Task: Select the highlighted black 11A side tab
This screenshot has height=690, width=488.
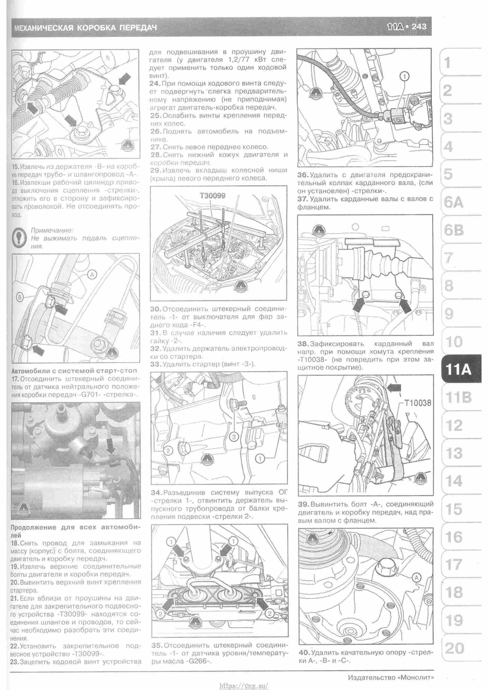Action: (x=458, y=369)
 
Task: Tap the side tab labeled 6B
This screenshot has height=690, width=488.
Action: (x=454, y=230)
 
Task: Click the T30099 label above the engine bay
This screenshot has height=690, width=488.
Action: (x=213, y=196)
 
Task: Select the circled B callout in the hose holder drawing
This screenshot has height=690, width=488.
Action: (x=20, y=298)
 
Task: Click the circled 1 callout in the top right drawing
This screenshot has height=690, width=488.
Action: (x=405, y=76)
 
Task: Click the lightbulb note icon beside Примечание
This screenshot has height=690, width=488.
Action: (x=20, y=238)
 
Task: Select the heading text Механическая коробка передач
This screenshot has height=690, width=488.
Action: (x=85, y=28)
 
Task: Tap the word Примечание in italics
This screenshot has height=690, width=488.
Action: (x=52, y=230)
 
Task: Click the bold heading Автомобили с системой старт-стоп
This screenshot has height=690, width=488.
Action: (x=74, y=371)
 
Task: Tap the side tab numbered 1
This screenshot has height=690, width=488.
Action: (x=447, y=63)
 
